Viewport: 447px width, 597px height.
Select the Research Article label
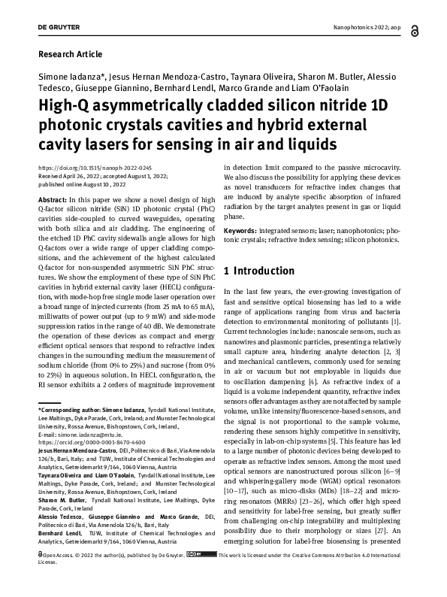pos(68,55)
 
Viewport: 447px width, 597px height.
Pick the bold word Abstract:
pos(56,192)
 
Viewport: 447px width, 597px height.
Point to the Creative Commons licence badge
pos(201,576)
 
